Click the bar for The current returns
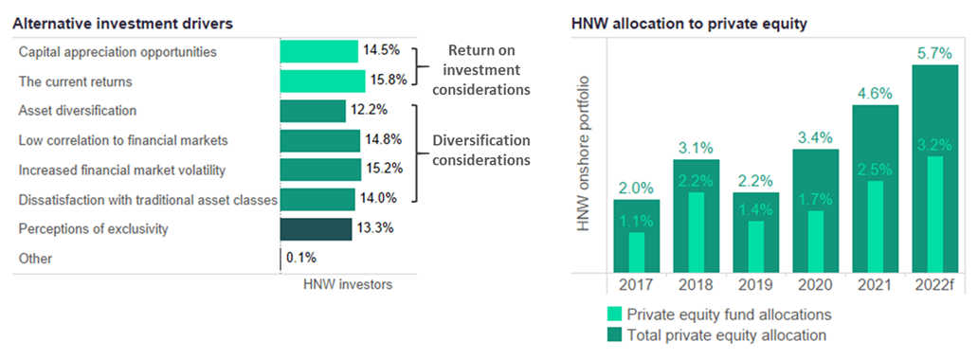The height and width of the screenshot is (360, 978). click(322, 81)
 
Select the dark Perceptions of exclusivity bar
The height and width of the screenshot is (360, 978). click(316, 229)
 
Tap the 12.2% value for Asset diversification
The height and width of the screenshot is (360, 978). click(369, 111)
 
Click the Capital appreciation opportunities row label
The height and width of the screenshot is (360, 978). click(118, 51)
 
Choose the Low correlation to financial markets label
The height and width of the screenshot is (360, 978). click(123, 140)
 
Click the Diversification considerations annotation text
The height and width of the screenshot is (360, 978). click(480, 150)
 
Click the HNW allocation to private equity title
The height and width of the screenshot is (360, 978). click(687, 24)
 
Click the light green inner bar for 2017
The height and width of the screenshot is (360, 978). click(636, 250)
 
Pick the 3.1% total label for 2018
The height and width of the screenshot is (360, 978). click(697, 148)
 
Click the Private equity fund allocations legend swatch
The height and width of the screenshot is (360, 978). click(612, 314)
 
